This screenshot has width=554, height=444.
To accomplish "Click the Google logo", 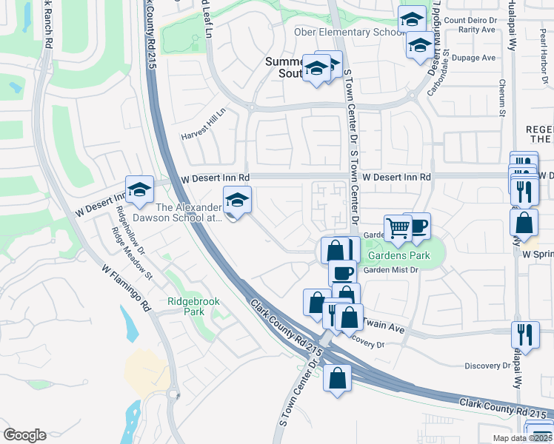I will pyautogui.click(x=25, y=435).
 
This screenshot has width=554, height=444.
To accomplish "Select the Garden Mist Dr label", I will pyautogui.click(x=393, y=271).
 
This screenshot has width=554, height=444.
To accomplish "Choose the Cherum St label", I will pyautogui.click(x=501, y=98).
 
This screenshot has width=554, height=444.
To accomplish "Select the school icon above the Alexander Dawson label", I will pyautogui.click(x=237, y=200).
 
